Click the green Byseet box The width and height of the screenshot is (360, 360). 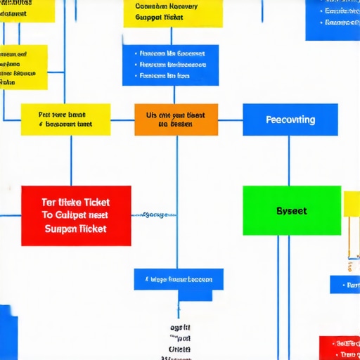click(x=291, y=210)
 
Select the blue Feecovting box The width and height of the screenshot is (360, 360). click(x=290, y=120)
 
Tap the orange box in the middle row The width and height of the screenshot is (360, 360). click(x=176, y=120)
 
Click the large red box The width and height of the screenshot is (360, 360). click(x=76, y=215)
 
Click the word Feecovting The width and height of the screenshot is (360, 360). click(x=290, y=120)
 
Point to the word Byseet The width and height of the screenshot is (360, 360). click(x=291, y=211)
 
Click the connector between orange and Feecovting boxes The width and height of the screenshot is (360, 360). click(x=231, y=120)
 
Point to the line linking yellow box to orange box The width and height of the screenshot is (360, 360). click(x=122, y=120)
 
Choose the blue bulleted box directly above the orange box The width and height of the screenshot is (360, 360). click(x=170, y=65)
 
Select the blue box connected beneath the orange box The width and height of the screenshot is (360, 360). click(x=179, y=279)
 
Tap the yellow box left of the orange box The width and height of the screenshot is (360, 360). click(x=65, y=120)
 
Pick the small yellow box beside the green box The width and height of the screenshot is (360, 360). click(x=352, y=204)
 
